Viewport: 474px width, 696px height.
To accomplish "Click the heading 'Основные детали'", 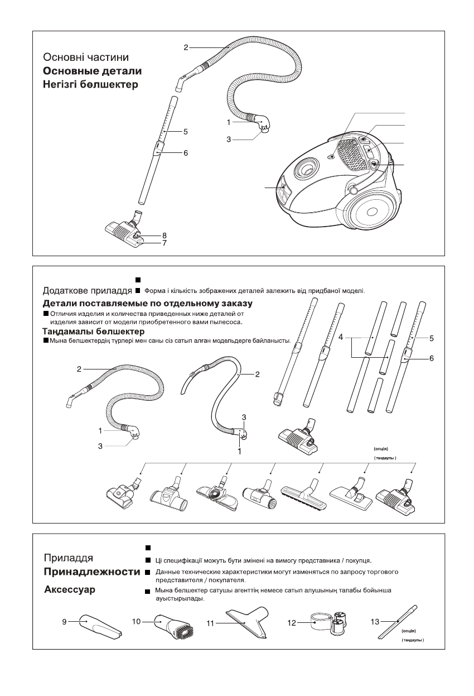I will pyautogui.click(x=93, y=71).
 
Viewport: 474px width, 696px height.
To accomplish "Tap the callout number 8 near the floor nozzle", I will pyautogui.click(x=165, y=236).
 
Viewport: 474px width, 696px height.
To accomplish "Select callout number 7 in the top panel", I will pyautogui.click(x=165, y=243).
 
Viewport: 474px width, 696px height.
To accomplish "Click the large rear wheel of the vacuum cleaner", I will pyautogui.click(x=374, y=213).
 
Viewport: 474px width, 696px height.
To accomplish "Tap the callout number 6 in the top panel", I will pyautogui.click(x=186, y=153).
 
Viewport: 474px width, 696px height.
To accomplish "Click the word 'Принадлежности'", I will pyautogui.click(x=91, y=573).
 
